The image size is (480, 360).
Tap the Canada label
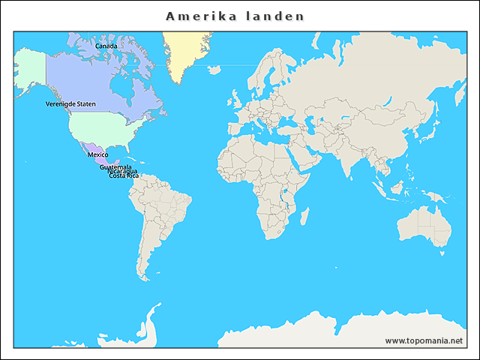(106, 46)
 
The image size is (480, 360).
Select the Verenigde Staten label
(70, 103)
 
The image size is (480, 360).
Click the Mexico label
(97, 154)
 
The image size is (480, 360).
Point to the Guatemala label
(115, 166)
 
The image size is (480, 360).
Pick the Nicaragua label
(122, 171)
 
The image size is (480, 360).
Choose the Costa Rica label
(124, 175)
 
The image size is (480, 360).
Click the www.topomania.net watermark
(424, 340)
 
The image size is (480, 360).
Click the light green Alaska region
(30, 67)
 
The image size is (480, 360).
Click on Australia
(424, 225)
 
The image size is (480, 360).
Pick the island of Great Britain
(234, 100)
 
